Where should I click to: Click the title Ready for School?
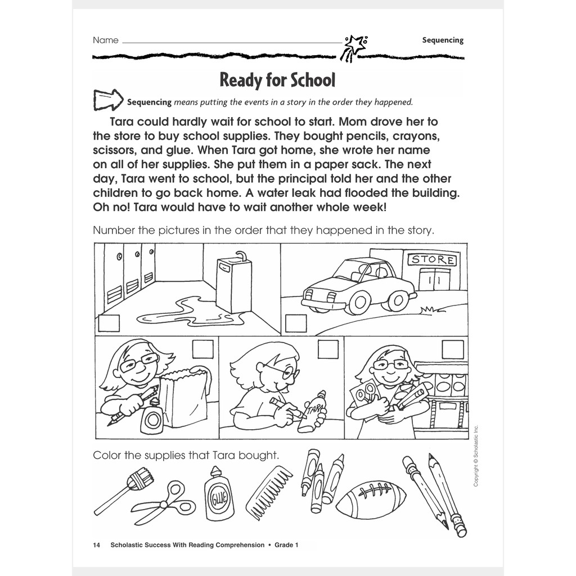click(277, 80)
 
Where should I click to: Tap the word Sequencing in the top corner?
click(443, 40)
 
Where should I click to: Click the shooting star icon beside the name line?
click(354, 47)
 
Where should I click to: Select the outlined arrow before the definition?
click(108, 100)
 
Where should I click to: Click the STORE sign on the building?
click(433, 260)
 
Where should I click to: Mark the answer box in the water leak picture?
click(109, 323)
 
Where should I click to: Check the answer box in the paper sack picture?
click(202, 349)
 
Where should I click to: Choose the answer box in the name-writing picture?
click(328, 349)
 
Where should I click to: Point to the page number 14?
click(96, 545)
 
